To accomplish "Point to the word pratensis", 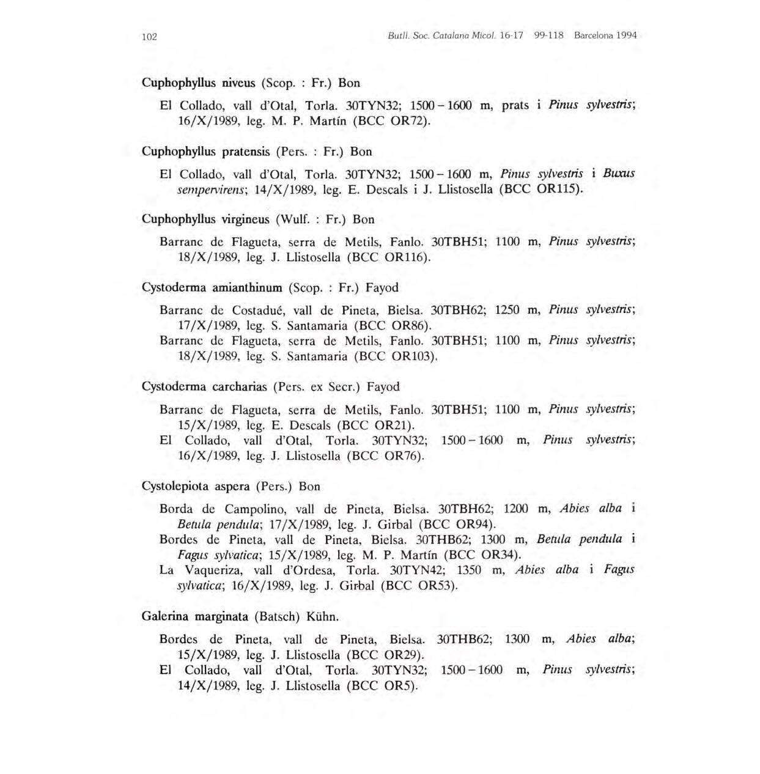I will [247, 151].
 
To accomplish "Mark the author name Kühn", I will [322, 616].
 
